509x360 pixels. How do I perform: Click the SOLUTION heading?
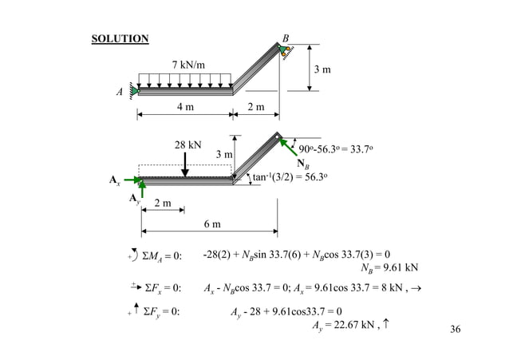click(x=120, y=38)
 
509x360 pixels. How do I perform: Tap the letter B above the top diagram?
click(x=286, y=38)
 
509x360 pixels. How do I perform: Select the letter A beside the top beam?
click(x=120, y=92)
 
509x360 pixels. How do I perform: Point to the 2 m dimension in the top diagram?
click(x=256, y=106)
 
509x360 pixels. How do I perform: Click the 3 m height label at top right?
click(x=322, y=70)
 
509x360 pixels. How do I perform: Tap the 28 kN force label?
click(x=188, y=145)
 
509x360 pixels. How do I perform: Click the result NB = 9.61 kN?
click(x=390, y=267)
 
